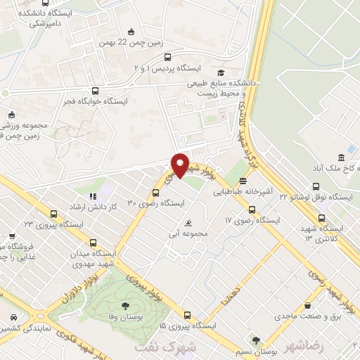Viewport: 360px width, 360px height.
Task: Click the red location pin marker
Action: [x=180, y=165]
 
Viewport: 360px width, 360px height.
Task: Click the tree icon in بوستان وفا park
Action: [x=125, y=306]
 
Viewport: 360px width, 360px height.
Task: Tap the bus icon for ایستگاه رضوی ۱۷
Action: [x=252, y=209]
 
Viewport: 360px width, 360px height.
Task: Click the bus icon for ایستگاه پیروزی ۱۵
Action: [x=186, y=315]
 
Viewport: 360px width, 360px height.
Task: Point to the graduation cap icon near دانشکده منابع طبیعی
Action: [x=221, y=72]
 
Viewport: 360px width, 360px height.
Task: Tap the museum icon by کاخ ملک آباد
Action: [x=341, y=156]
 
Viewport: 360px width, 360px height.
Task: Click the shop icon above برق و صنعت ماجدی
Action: [x=308, y=305]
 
